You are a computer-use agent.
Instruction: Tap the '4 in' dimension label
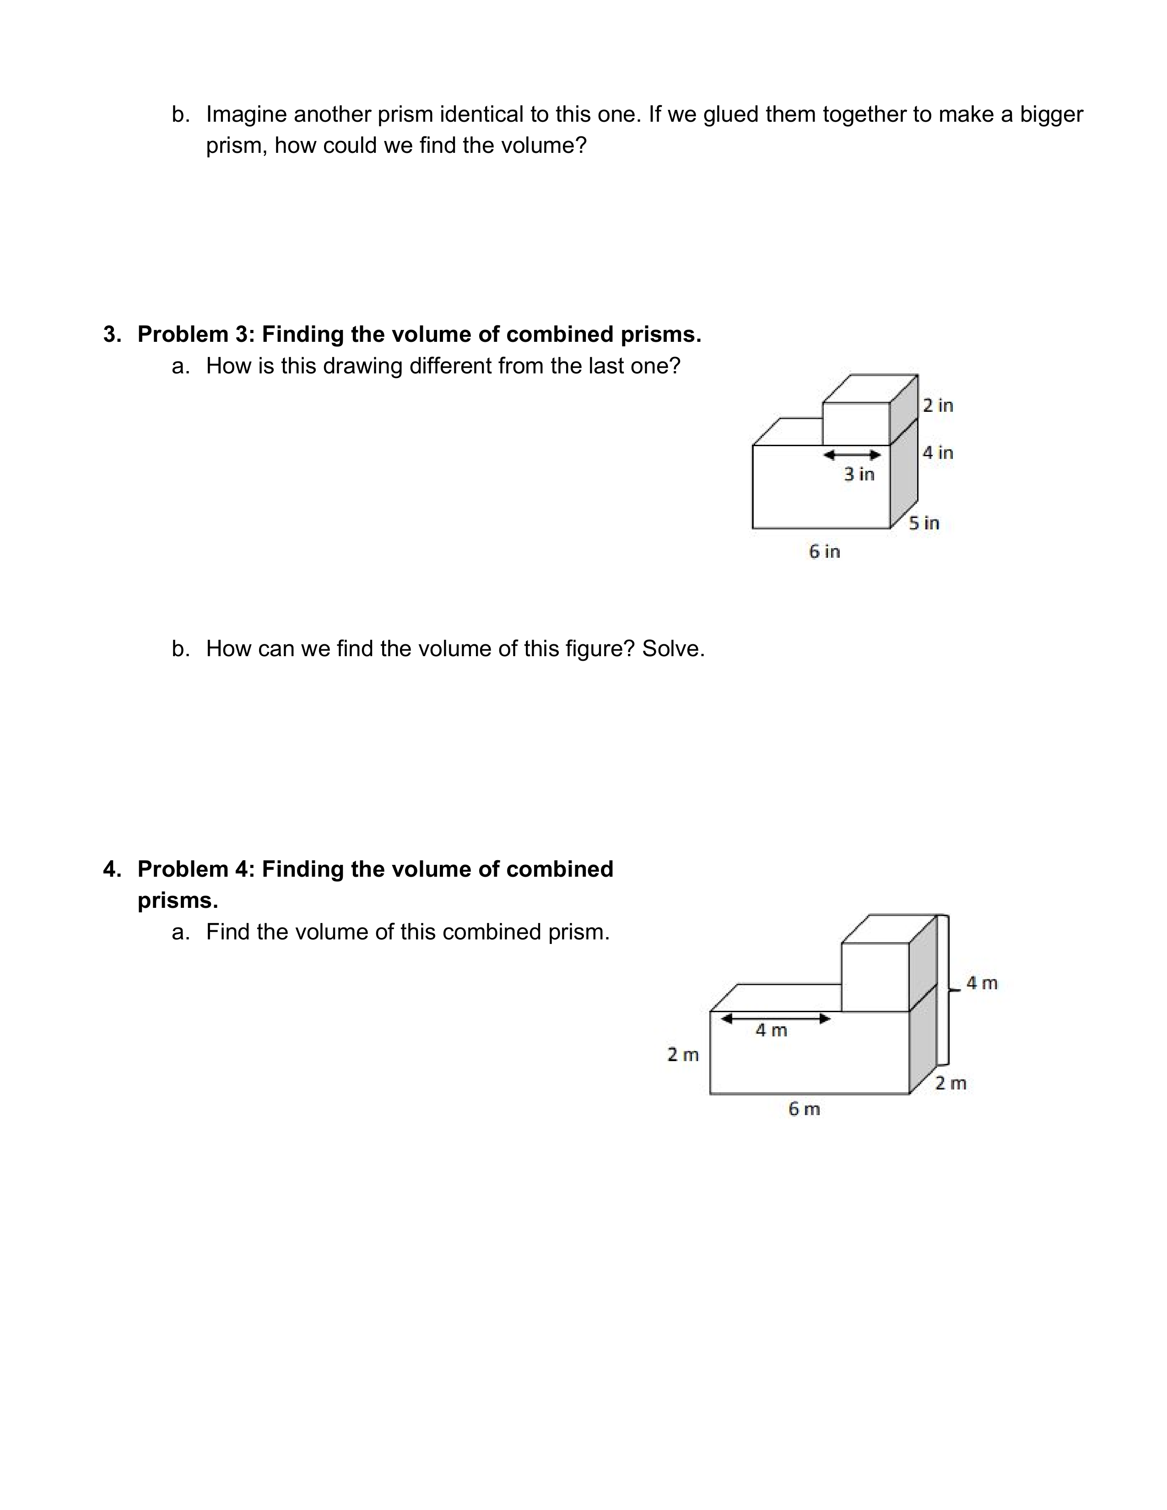click(x=937, y=453)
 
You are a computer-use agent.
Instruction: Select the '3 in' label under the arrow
click(x=859, y=475)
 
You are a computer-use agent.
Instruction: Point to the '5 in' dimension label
click(x=924, y=523)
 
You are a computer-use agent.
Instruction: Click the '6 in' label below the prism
click(x=824, y=552)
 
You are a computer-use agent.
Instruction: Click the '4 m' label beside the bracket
click(x=982, y=983)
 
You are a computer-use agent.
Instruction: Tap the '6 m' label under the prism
click(x=804, y=1109)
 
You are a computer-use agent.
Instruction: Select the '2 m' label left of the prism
click(x=682, y=1055)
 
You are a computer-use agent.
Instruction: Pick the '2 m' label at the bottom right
click(x=951, y=1084)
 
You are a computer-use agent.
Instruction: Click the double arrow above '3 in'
click(x=852, y=455)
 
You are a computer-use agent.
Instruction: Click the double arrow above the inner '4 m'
click(x=775, y=1019)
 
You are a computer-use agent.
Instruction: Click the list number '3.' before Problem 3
click(x=112, y=334)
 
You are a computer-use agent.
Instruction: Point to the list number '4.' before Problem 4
click(x=112, y=869)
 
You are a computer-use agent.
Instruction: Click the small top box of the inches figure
click(x=856, y=423)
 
